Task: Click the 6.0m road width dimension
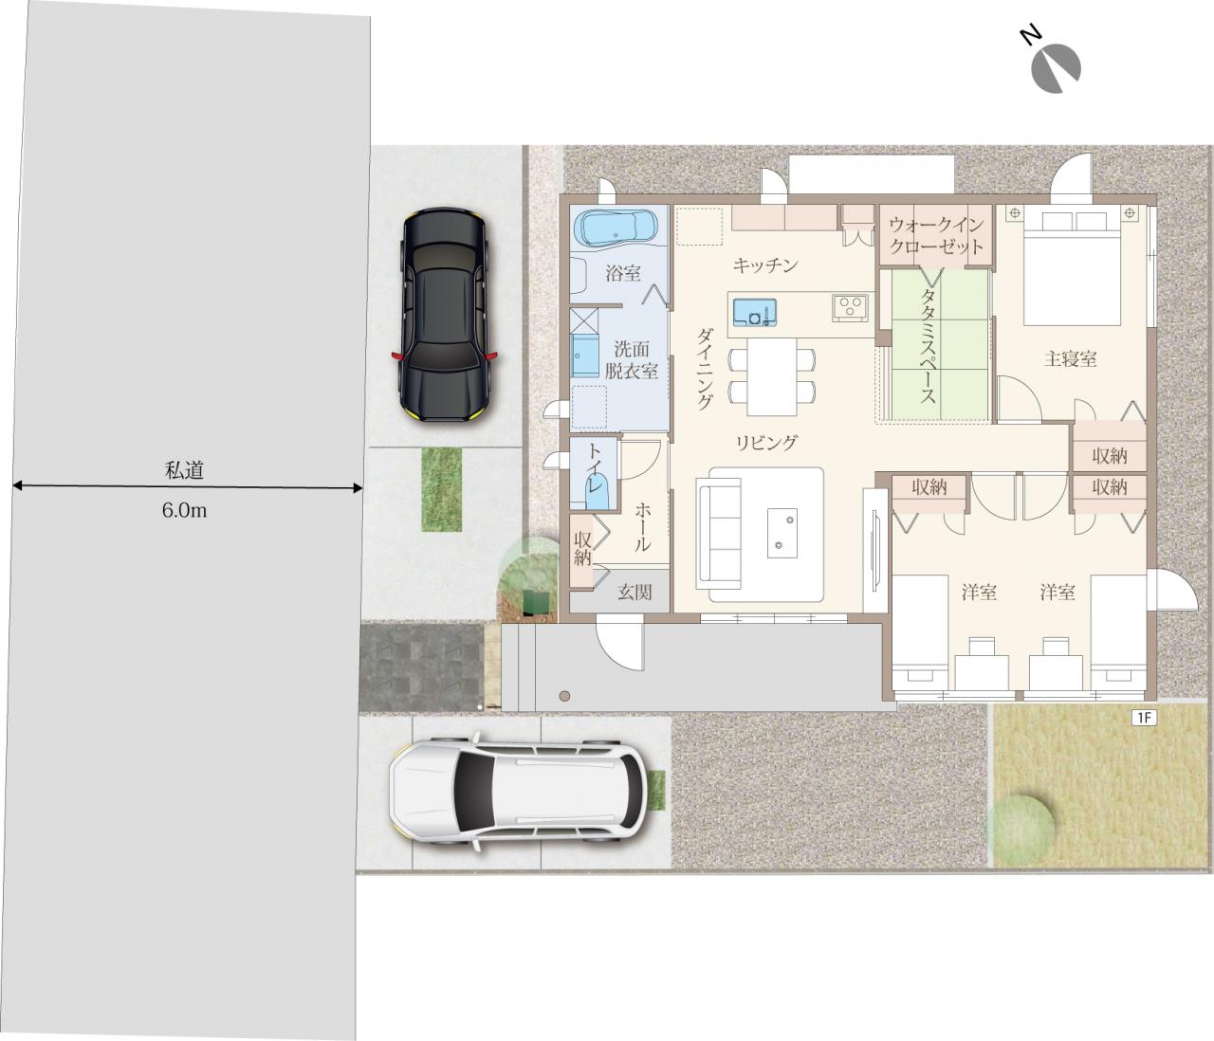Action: click(x=184, y=510)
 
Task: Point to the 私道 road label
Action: click(x=184, y=471)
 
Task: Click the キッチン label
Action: click(x=765, y=266)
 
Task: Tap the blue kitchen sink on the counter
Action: click(x=754, y=312)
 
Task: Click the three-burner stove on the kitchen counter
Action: click(x=849, y=308)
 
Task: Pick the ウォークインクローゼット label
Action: click(x=935, y=235)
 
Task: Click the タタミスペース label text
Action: click(x=928, y=346)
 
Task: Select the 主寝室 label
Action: click(x=1070, y=358)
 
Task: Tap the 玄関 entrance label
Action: click(x=635, y=592)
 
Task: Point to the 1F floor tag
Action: click(x=1143, y=718)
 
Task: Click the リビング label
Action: click(x=767, y=443)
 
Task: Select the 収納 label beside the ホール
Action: click(x=582, y=548)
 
